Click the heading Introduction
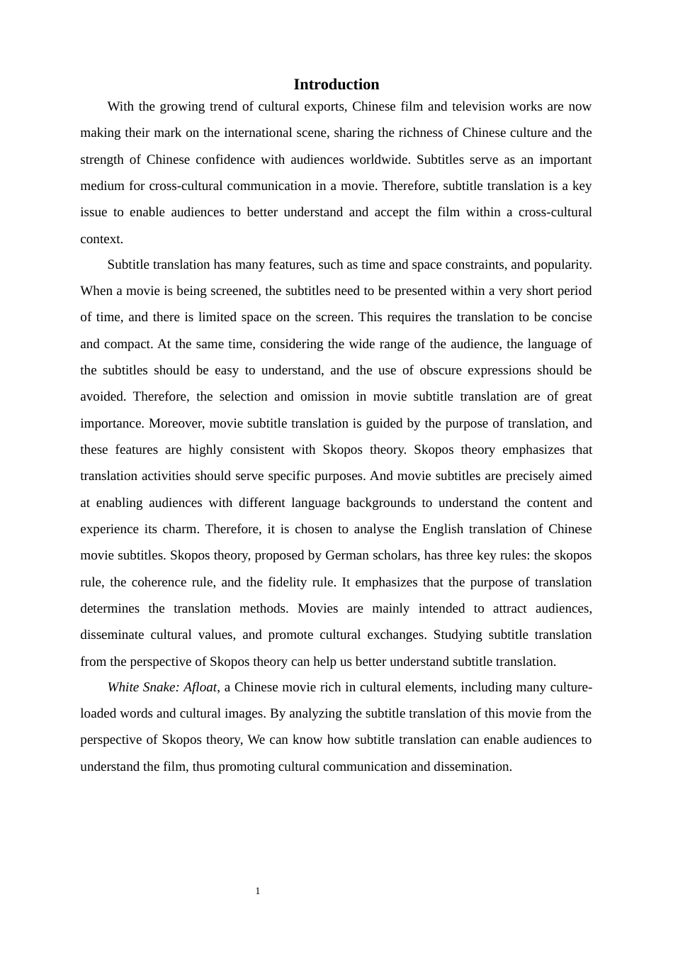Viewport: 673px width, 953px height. [x=336, y=84]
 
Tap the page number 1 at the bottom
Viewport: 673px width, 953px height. [x=258, y=891]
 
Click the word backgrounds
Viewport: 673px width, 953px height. [x=381, y=503]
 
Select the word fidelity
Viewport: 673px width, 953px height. [x=288, y=582]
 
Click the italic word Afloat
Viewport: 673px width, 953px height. [x=200, y=687]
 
